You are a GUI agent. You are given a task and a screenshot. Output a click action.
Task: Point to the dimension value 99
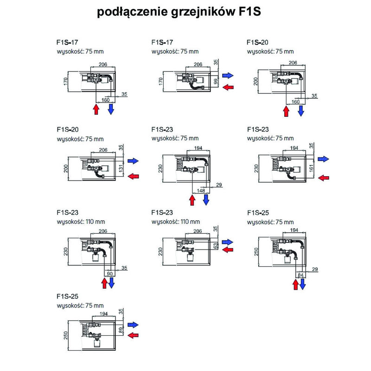click(215, 83)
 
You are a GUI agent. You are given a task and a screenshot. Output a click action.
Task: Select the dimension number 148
click(200, 190)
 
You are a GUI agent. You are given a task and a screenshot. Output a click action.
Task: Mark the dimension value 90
click(110, 274)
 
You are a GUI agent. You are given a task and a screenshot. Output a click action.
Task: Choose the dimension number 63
click(215, 246)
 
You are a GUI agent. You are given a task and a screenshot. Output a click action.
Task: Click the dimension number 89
click(122, 331)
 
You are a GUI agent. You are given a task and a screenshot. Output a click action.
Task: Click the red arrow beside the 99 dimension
click(228, 87)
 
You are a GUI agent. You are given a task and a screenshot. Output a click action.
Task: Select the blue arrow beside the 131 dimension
click(134, 160)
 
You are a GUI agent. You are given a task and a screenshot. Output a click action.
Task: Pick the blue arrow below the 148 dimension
click(206, 199)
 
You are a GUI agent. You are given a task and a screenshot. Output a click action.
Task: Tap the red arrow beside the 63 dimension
click(228, 250)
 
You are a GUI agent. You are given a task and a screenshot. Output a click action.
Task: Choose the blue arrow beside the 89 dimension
click(134, 324)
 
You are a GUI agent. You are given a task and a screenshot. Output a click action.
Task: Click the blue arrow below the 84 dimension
click(303, 284)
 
